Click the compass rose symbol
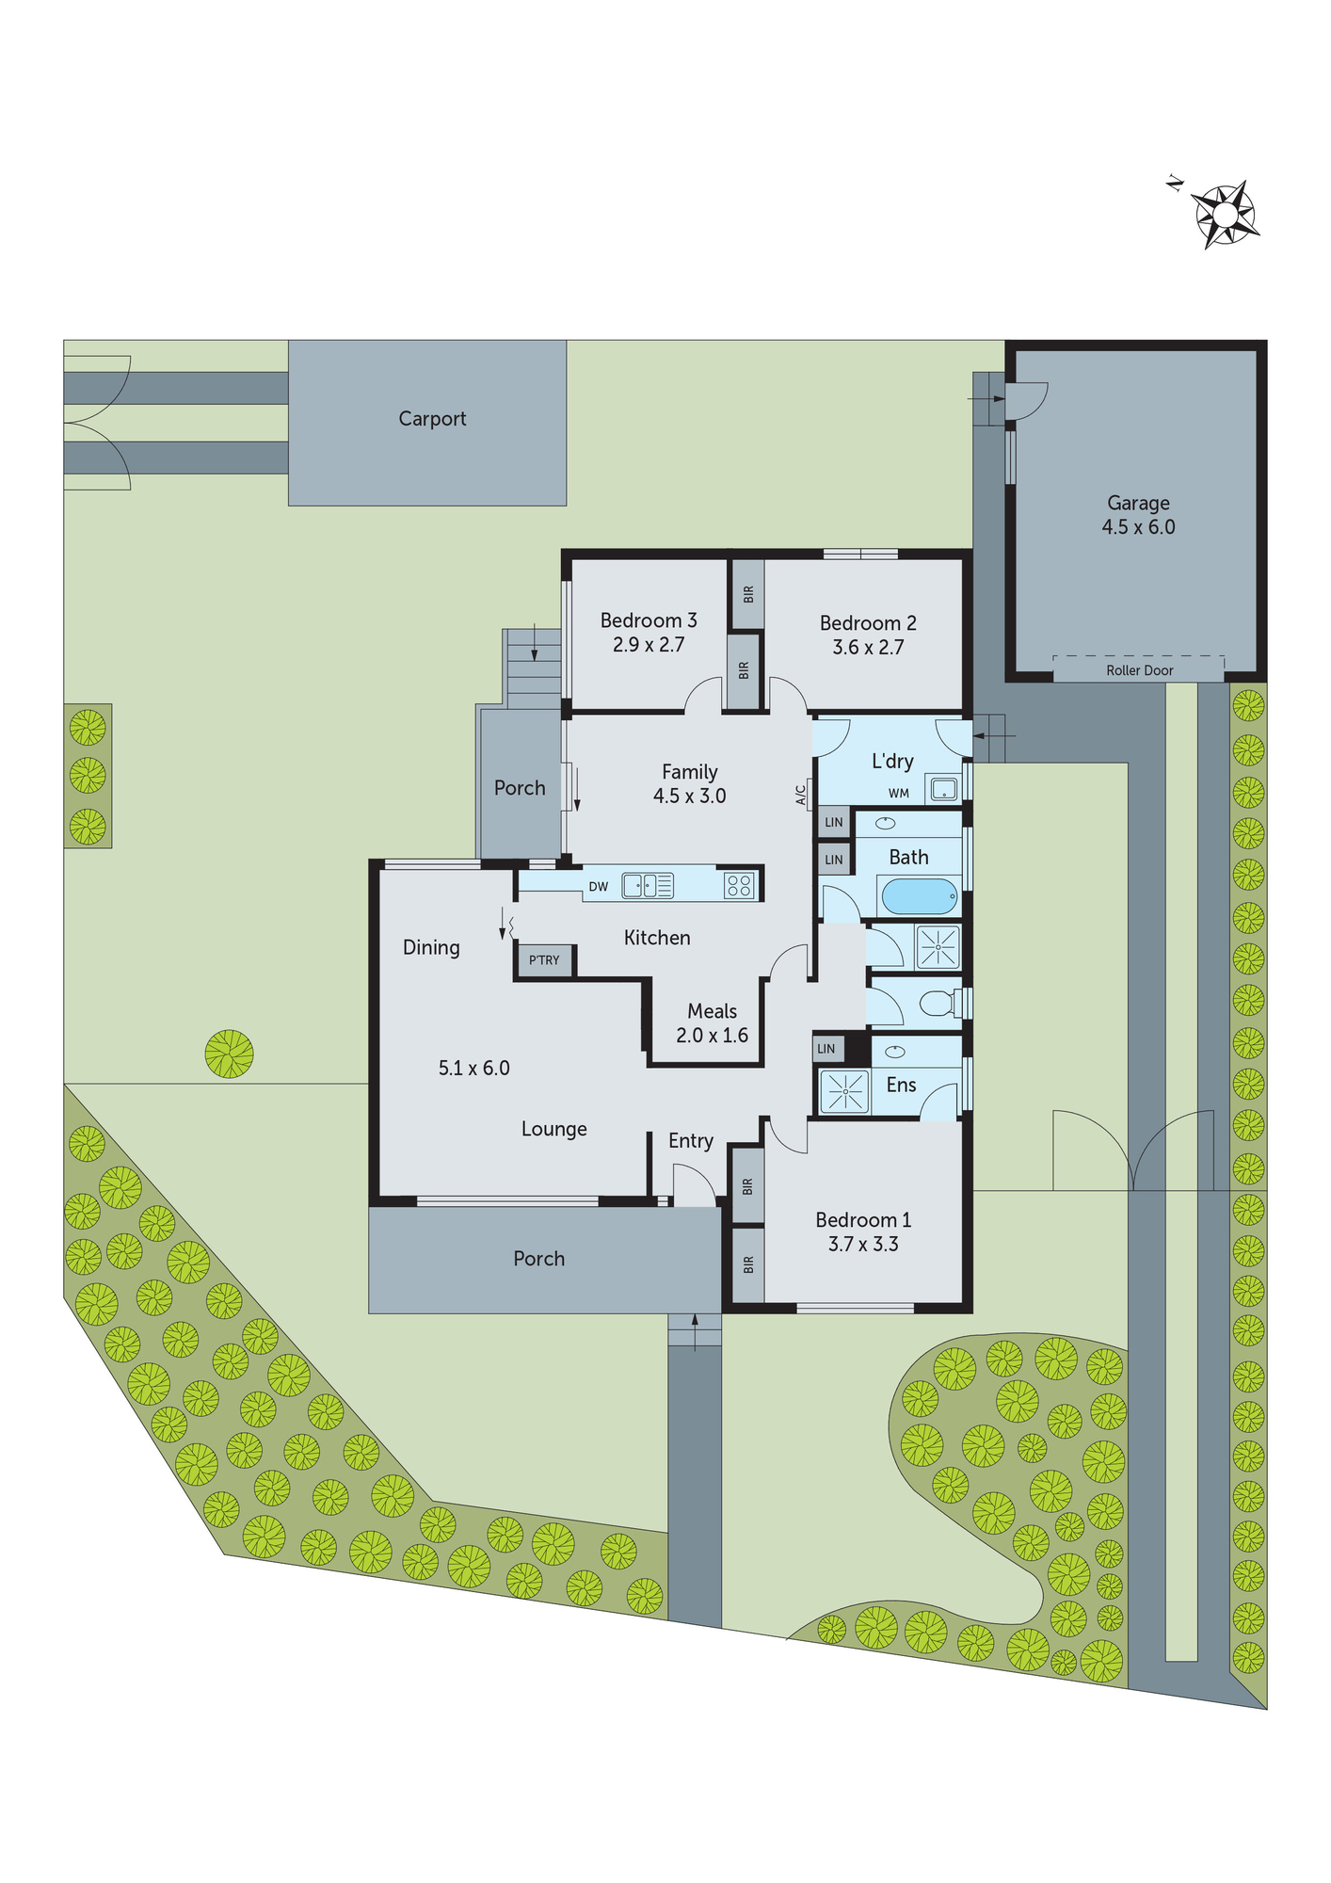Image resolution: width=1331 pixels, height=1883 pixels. (1225, 215)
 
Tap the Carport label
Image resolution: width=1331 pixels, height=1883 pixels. (432, 419)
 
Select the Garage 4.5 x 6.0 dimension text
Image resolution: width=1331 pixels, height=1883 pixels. (1138, 527)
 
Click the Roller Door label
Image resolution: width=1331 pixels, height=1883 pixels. (1139, 670)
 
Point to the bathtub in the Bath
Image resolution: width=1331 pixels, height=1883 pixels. (920, 896)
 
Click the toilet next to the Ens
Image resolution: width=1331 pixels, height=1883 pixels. (936, 1003)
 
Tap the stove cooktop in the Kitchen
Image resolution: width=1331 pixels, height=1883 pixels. (739, 885)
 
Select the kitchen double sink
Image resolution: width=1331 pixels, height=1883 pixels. (648, 885)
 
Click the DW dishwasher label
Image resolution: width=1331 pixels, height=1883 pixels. (599, 887)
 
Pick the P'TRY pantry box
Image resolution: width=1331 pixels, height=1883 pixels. (544, 960)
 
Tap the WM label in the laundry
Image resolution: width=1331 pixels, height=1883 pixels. (899, 794)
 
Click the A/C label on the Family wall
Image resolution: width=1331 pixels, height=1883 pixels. (801, 796)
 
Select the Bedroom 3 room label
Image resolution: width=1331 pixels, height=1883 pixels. (649, 620)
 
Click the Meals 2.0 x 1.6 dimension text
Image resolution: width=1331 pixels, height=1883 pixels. (712, 1036)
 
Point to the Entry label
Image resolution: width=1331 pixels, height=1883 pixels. (691, 1141)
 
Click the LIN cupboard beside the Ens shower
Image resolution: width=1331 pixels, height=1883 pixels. (826, 1049)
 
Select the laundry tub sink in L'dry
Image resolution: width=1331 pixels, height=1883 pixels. (943, 789)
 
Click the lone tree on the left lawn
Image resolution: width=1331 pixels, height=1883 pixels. (229, 1054)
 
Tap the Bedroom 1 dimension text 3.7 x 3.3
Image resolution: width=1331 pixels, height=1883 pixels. (863, 1245)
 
